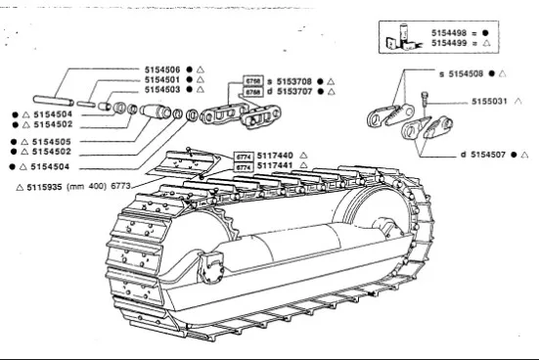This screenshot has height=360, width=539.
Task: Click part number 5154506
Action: (x=162, y=69)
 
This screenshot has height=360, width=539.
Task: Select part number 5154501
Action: (x=162, y=80)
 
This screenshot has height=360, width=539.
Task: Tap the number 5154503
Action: (x=162, y=90)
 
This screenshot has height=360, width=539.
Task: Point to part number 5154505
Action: (x=52, y=142)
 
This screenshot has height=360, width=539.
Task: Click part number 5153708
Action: (x=294, y=81)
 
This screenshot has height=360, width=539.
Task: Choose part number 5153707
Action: (x=294, y=91)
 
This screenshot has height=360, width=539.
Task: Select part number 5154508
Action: (x=466, y=73)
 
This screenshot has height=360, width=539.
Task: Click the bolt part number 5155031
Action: (x=489, y=102)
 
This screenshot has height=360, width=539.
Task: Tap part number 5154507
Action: (x=488, y=155)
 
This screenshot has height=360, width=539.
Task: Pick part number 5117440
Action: (x=275, y=156)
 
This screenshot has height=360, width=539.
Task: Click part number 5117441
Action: (x=275, y=165)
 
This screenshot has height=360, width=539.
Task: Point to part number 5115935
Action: (x=44, y=187)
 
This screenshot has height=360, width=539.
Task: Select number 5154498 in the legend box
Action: (x=449, y=33)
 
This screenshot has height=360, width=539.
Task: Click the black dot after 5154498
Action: (x=485, y=33)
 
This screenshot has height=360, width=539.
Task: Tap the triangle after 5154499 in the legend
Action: (x=486, y=43)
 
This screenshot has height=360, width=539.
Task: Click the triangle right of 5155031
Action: (x=518, y=101)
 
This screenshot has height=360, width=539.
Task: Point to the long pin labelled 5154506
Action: (x=53, y=101)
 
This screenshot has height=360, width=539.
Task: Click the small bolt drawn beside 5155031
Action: (x=425, y=100)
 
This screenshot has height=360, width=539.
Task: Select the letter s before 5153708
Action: (x=270, y=82)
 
